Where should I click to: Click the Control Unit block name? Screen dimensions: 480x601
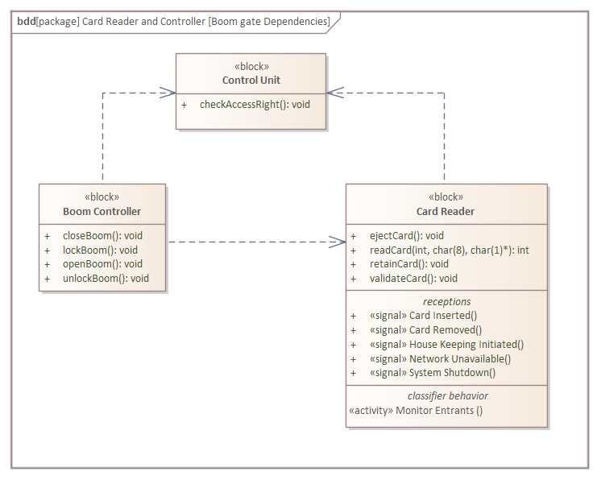(251, 81)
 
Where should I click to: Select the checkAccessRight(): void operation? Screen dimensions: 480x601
(255, 104)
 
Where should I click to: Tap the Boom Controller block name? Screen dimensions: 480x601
(102, 211)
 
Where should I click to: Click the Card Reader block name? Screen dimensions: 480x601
(446, 211)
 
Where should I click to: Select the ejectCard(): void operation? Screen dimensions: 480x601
(407, 236)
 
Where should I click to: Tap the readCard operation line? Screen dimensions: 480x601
(449, 250)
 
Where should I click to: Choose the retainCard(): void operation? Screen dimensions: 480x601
(409, 264)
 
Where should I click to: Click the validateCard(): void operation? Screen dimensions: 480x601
(413, 279)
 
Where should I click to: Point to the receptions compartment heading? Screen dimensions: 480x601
(447, 301)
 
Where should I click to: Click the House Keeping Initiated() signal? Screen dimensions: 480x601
(446, 345)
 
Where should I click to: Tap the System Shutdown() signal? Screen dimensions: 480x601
(433, 373)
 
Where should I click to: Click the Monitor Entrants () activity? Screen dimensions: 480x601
(416, 410)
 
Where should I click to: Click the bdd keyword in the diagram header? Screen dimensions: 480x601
(25, 21)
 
